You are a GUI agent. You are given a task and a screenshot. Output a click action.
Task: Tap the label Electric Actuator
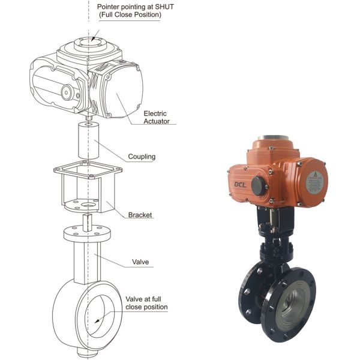pyautogui.click(x=155, y=117)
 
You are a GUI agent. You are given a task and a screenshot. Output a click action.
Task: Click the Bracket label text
pyautogui.click(x=140, y=215)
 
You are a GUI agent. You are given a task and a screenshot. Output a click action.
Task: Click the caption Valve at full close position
pyautogui.click(x=146, y=302)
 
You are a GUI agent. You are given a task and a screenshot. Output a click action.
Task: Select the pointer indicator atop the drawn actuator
pyautogui.click(x=91, y=43)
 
